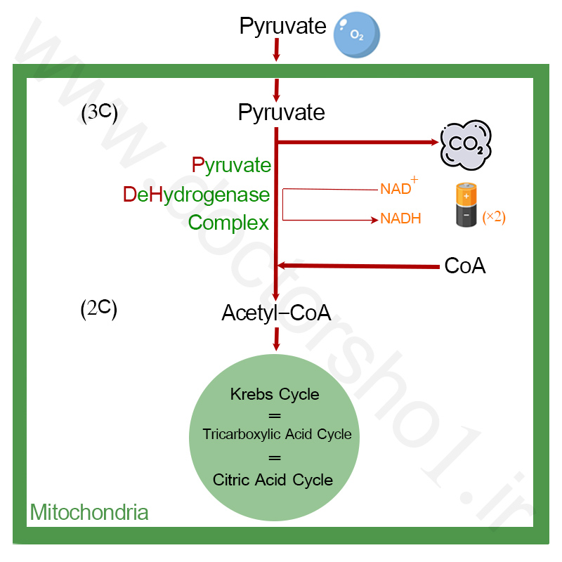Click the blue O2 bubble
356,34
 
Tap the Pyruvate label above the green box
283,27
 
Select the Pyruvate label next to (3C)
282,113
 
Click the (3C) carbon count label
99,113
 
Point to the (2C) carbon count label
98,309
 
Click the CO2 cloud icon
466,145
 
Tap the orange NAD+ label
399,186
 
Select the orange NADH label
400,218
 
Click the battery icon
466,204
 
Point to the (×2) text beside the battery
494,217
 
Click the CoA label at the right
465,266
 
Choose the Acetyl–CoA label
276,313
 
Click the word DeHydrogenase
197,195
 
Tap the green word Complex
228,223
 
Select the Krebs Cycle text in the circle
275,394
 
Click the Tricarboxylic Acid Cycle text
277,434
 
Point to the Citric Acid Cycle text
273,480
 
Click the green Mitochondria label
89,512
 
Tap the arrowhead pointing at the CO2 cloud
434,143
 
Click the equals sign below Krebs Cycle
275,416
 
